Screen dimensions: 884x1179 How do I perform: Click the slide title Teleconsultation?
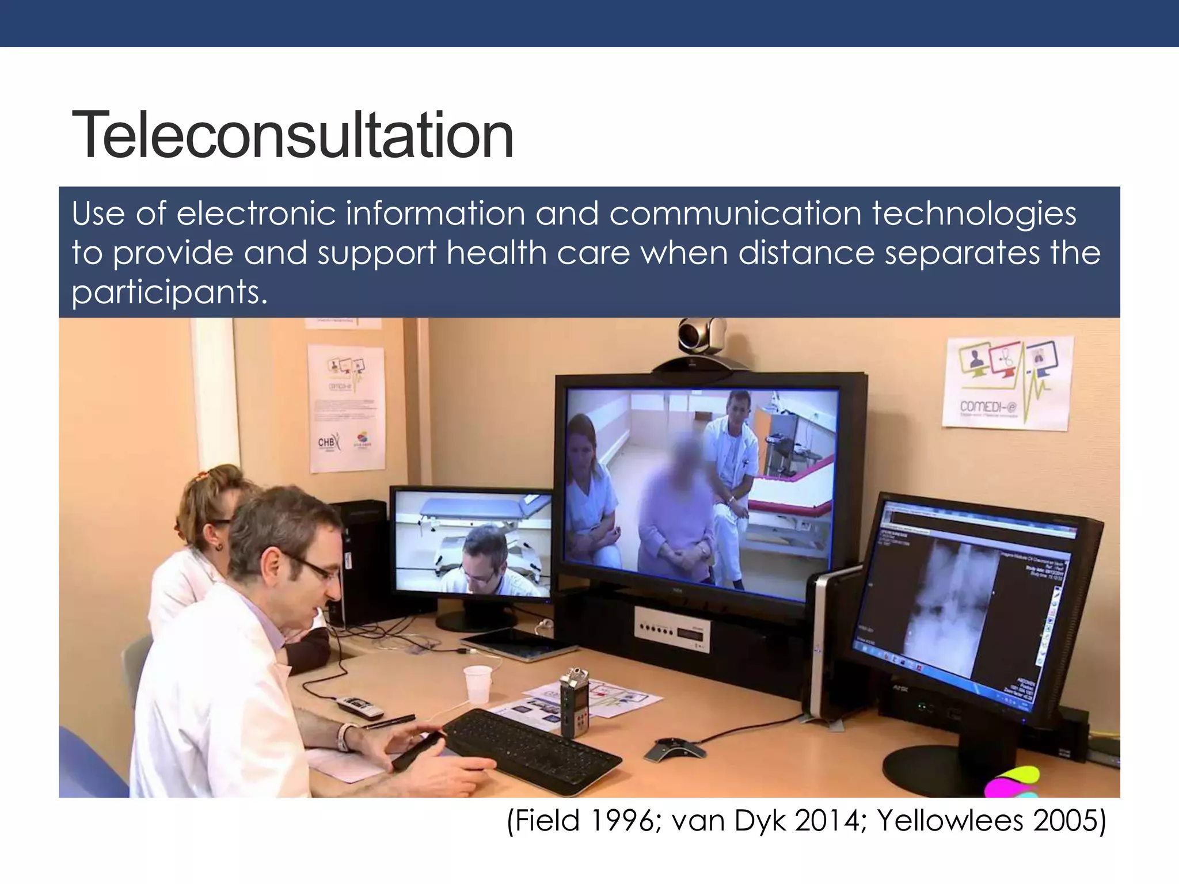point(292,136)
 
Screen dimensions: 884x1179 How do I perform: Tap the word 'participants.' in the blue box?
point(169,292)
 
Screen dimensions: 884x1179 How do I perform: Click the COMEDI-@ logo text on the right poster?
point(988,407)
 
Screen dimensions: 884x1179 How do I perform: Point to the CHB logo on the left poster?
point(326,443)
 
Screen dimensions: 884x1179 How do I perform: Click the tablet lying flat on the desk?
point(511,644)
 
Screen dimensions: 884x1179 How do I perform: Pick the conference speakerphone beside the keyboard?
point(674,749)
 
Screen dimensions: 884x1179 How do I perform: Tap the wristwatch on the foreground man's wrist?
point(345,737)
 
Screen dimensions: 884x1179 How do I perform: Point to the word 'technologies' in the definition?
point(974,214)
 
